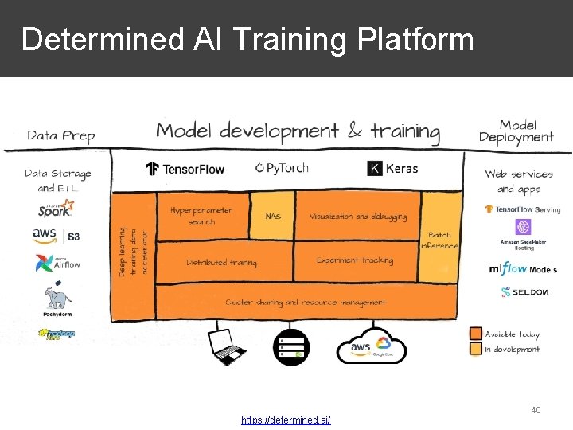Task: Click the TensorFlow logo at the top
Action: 185,168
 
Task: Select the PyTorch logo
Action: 282,167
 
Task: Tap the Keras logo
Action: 392,168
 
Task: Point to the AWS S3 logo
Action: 56,236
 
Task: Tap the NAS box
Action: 273,216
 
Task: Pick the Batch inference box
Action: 439,239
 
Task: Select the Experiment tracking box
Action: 355,260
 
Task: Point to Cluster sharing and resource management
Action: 306,303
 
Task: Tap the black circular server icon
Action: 290,346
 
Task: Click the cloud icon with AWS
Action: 372,346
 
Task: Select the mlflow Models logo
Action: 523,268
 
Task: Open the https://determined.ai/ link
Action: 286,420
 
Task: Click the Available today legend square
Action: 475,334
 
